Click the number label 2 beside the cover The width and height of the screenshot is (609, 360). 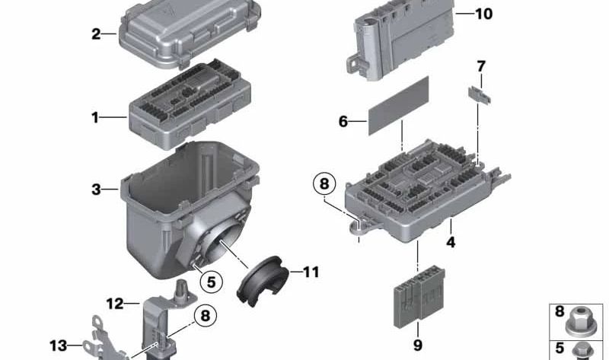(96, 33)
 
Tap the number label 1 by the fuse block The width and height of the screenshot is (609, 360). (95, 118)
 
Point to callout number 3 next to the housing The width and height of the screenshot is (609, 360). (96, 189)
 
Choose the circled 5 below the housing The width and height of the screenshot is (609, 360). (212, 281)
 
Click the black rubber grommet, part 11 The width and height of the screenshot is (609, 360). (260, 281)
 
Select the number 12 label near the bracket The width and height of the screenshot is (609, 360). (114, 304)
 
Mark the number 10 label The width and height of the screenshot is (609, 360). (483, 14)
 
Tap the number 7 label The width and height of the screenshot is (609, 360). (480, 66)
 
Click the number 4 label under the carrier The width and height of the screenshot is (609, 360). (451, 244)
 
